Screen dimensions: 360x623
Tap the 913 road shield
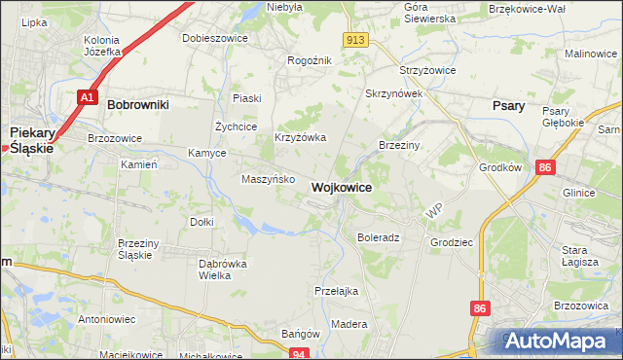pyautogui.click(x=355, y=39)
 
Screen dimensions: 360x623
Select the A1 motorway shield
pyautogui.click(x=87, y=97)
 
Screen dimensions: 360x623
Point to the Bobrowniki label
pyautogui.click(x=138, y=102)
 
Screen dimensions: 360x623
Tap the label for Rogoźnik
pyautogui.click(x=310, y=60)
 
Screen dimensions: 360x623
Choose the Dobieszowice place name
pyautogui.click(x=215, y=38)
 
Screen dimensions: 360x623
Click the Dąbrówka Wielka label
pyautogui.click(x=223, y=270)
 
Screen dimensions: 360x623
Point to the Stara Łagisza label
pyautogui.click(x=581, y=255)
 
